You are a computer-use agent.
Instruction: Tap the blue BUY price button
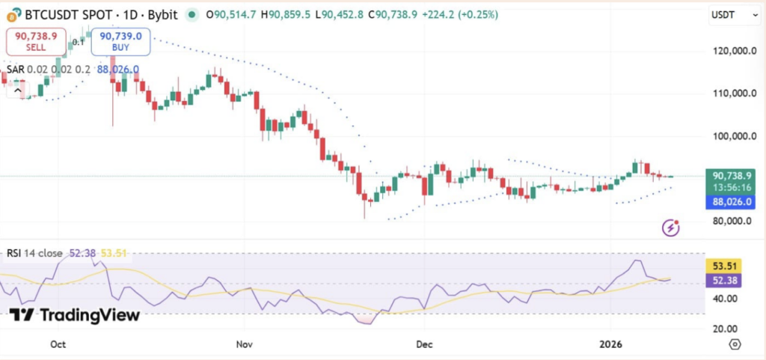[x=121, y=41]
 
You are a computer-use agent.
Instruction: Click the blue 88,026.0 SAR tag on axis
[x=730, y=201]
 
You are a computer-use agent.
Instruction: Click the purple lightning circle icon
[x=672, y=228]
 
